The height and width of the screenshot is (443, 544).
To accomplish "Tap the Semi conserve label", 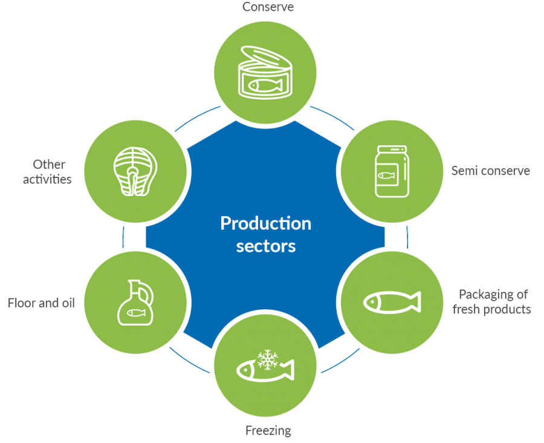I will [490, 171].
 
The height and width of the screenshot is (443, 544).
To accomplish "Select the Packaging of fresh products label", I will [494, 302].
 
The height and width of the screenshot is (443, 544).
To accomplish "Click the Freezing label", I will [268, 431].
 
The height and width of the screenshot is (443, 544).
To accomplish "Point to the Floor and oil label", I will [41, 303].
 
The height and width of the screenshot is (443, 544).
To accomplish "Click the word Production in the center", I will [265, 223].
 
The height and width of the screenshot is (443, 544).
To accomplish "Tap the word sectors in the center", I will [265, 246].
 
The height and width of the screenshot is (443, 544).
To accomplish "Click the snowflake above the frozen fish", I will [266, 359].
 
